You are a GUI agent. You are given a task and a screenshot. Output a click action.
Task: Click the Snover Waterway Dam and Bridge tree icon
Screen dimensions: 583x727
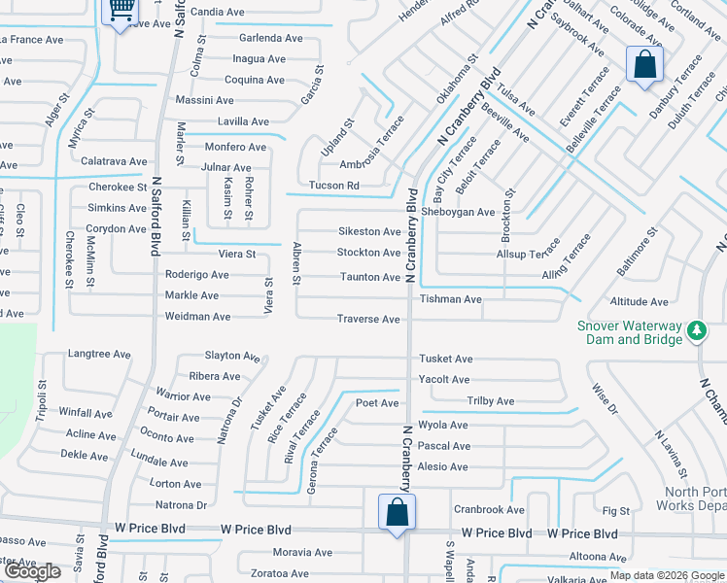[696, 331]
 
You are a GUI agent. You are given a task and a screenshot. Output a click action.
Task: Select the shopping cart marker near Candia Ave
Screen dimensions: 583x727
[121, 11]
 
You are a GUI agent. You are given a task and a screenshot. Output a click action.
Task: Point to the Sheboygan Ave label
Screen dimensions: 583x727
[470, 212]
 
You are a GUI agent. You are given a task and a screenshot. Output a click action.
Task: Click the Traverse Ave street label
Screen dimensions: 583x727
[368, 320]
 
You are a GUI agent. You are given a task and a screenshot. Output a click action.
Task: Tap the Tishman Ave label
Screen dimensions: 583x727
[450, 299]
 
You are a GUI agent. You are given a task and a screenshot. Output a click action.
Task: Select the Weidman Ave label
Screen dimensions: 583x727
[197, 317]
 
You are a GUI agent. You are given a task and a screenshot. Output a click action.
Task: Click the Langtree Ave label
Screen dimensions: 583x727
[98, 355]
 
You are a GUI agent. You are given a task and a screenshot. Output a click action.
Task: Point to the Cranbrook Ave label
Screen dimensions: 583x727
[488, 509]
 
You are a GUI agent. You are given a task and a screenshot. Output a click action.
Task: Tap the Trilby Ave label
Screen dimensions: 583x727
[491, 401]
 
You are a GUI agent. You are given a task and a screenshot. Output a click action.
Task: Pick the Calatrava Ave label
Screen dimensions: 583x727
[114, 161]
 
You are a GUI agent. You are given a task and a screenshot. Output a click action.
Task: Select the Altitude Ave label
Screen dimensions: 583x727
[639, 302]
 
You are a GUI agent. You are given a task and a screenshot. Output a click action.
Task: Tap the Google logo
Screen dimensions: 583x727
[31, 571]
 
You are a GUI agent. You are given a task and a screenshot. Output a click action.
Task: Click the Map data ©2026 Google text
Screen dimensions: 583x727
[667, 575]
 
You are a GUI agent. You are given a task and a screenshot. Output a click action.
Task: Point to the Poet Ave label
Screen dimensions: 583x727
[377, 402]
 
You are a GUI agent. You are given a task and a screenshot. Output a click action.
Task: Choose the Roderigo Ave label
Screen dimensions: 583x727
[196, 275]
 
